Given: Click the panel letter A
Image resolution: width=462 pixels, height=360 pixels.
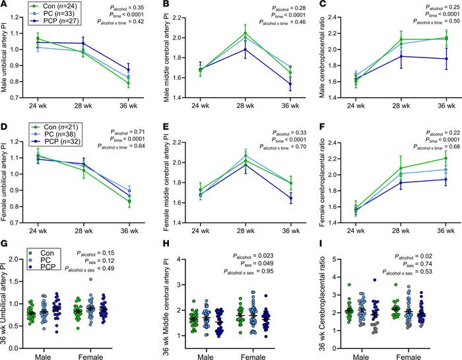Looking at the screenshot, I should point(4,5).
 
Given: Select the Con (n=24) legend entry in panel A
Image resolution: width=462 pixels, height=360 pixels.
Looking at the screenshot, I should point(52,6).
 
